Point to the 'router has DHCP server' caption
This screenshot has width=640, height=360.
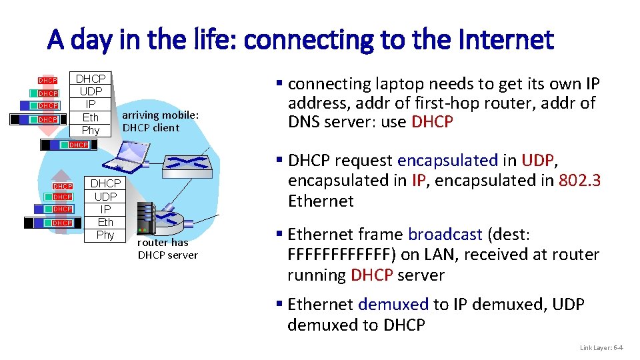(x=167, y=249)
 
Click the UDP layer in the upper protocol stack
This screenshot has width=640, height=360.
(x=91, y=91)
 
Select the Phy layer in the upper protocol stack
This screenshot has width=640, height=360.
(x=91, y=130)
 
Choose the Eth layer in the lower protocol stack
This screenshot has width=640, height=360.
(x=105, y=222)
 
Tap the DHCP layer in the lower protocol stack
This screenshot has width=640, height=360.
(x=105, y=183)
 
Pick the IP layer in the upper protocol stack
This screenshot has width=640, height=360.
(x=91, y=105)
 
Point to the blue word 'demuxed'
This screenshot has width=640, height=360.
(x=393, y=305)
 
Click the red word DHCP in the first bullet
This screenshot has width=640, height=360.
(x=432, y=122)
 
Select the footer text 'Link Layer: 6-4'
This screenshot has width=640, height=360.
(x=601, y=347)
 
